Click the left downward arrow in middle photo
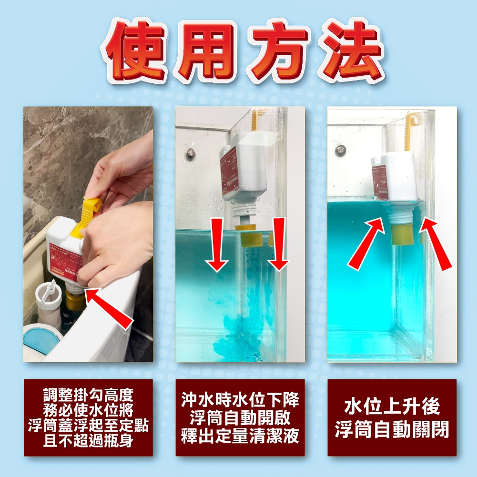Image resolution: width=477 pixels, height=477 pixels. (217, 245)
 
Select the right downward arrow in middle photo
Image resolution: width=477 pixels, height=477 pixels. (279, 245)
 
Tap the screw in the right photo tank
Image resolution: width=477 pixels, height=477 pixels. (341, 150)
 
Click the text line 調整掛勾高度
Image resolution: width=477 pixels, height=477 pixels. (88, 395)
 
